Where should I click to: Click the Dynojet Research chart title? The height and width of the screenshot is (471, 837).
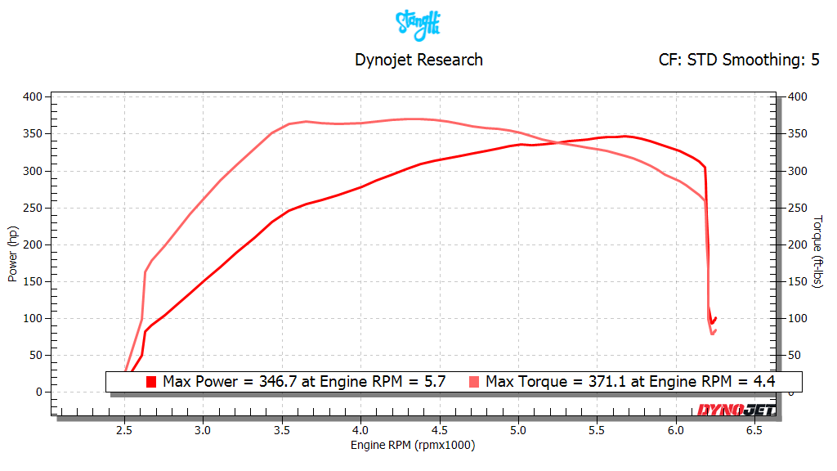tap(418, 60)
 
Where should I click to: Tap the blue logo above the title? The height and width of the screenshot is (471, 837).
tap(418, 24)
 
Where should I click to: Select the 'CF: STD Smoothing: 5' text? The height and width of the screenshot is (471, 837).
tap(739, 60)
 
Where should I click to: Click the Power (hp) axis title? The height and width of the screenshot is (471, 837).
tap(13, 253)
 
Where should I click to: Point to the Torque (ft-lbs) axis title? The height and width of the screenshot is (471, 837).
tap(819, 252)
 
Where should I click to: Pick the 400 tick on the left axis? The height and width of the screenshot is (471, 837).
tap(32, 97)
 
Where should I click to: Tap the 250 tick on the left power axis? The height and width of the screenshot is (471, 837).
tap(32, 208)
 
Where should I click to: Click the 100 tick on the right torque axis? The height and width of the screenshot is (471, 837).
tap(798, 318)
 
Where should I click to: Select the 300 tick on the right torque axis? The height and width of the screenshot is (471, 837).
tap(798, 171)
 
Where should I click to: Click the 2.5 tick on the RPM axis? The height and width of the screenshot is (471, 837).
tap(124, 430)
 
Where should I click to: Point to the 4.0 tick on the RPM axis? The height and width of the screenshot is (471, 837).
tap(360, 430)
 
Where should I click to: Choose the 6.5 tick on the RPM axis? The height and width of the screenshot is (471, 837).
tap(755, 430)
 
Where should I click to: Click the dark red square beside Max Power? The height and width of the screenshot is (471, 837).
tap(151, 382)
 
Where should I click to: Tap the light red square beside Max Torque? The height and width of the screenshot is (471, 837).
tap(474, 382)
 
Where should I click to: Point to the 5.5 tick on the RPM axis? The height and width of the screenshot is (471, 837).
tap(598, 430)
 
